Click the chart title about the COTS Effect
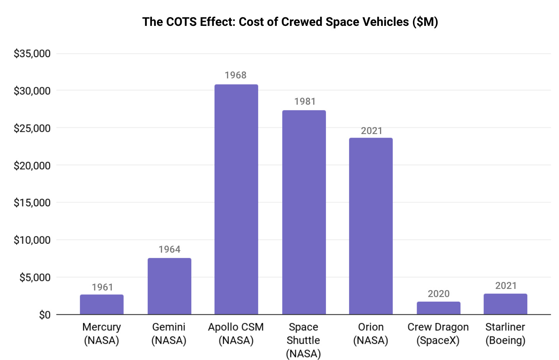click(x=290, y=22)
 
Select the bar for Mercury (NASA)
click(x=102, y=304)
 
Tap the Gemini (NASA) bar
click(x=169, y=286)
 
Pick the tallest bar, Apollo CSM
click(x=236, y=199)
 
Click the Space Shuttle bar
click(x=304, y=212)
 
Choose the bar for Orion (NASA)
click(x=371, y=226)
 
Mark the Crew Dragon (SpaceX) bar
click(x=438, y=308)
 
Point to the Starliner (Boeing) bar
click(x=505, y=304)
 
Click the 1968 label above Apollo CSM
click(x=235, y=75)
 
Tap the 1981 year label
click(x=305, y=102)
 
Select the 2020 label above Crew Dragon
click(x=438, y=294)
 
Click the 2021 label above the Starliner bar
click(x=506, y=286)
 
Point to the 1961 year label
click(x=102, y=287)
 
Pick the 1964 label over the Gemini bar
click(x=169, y=250)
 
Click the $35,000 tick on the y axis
click(x=32, y=54)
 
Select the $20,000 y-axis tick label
click(x=32, y=166)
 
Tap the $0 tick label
click(x=44, y=315)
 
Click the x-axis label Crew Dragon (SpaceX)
click(x=438, y=334)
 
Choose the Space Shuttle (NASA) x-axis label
click(x=303, y=340)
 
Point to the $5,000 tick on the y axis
click(x=35, y=278)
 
